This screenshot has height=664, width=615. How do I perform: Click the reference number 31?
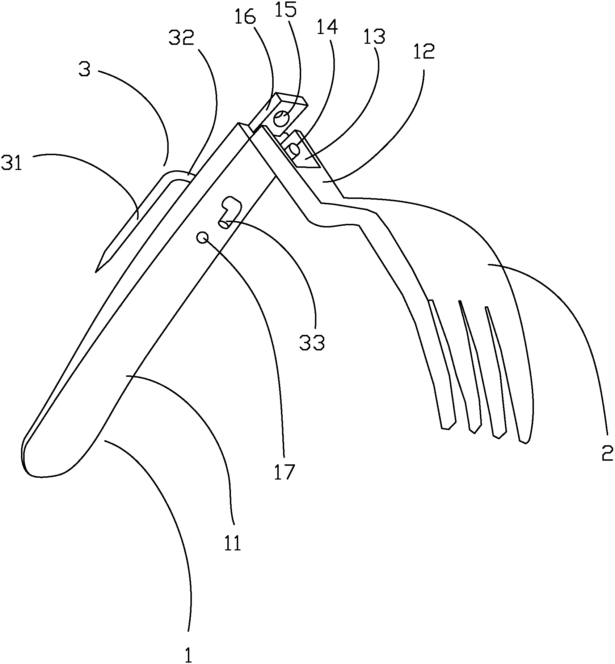(12, 164)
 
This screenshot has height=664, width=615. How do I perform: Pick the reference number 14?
(327, 27)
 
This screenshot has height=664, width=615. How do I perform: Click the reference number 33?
(312, 342)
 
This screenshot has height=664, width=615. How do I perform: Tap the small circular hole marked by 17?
(202, 238)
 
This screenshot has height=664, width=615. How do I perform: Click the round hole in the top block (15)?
(281, 119)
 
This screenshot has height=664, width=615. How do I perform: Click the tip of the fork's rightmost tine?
(525, 442)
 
